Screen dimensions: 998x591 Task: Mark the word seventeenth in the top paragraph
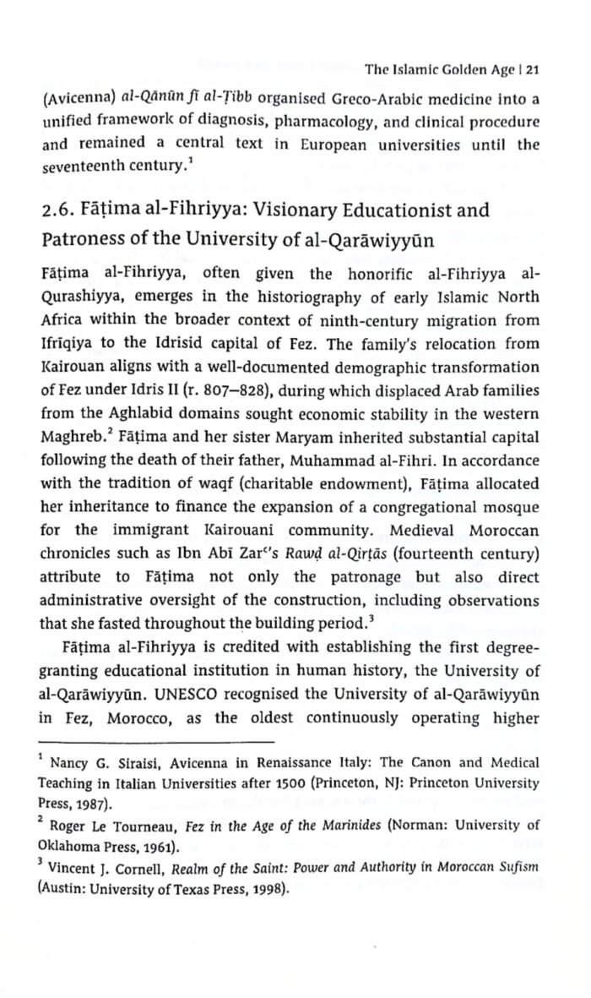pyautogui.click(x=79, y=168)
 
